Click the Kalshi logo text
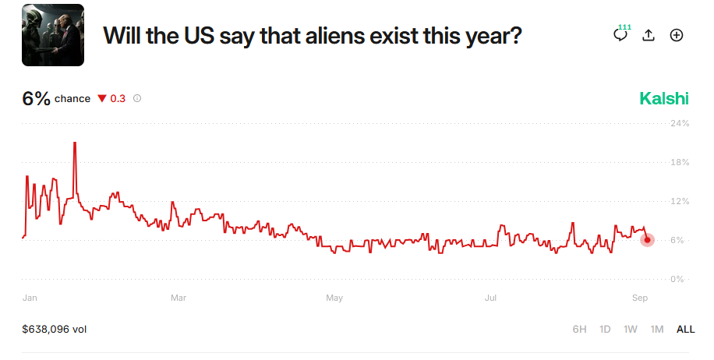point(664,98)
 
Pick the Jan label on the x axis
point(30,298)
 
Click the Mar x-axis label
point(178,298)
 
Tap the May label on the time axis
point(334,298)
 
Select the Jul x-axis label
point(491,298)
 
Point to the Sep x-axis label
point(640,298)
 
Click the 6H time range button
point(579,330)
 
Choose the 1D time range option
point(605,330)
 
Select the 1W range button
point(631,330)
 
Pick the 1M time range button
point(657,330)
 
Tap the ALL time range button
point(685,330)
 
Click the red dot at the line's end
point(647,240)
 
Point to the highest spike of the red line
point(75,143)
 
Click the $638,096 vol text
point(55,330)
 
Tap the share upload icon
point(649,35)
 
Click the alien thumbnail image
point(52,35)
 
